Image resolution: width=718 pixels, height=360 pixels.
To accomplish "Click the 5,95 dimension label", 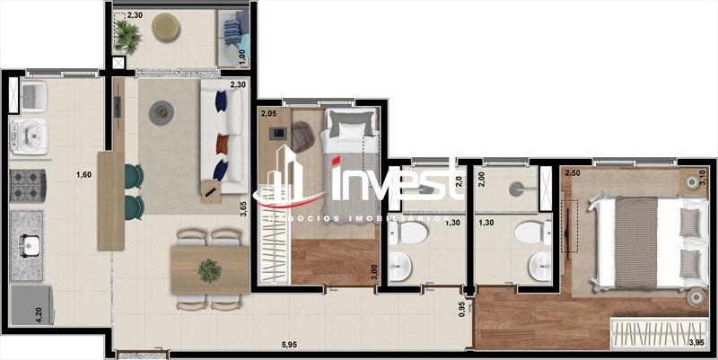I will (x=290, y=344).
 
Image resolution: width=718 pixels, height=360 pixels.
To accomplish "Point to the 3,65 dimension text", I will (x=243, y=210).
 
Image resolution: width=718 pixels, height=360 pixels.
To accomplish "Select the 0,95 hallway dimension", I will (x=462, y=309).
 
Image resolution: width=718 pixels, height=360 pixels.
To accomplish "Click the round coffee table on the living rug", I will (x=162, y=112).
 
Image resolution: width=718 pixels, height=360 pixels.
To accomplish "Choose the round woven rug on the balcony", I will (x=166, y=29).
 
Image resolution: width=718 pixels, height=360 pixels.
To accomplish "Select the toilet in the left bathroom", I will (x=412, y=235).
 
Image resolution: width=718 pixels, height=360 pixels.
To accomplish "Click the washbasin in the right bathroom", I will (x=538, y=267).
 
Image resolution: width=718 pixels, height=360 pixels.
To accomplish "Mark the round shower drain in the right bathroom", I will (x=515, y=189).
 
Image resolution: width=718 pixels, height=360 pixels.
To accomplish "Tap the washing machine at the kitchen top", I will (x=27, y=135).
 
